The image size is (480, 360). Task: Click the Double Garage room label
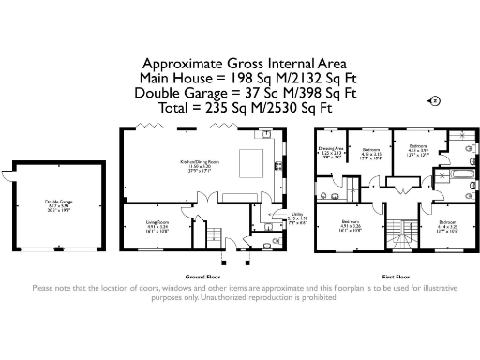[x=57, y=204]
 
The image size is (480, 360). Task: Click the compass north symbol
[x=433, y=100]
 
